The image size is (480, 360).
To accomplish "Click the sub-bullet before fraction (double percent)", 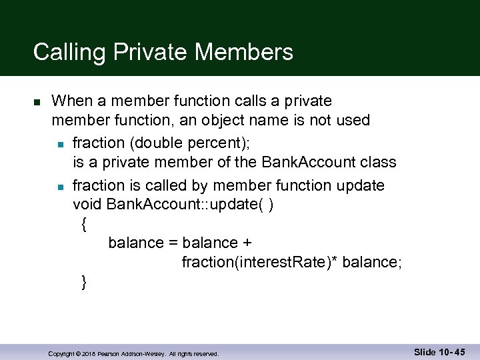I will pyautogui.click(x=60, y=143).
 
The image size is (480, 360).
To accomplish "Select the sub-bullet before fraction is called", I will pyautogui.click(x=60, y=186).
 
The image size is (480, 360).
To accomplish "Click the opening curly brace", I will pyautogui.click(x=83, y=225).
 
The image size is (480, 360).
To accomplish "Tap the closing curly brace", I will pyautogui.click(x=83, y=283).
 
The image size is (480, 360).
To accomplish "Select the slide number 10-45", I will pyautogui.click(x=439, y=352).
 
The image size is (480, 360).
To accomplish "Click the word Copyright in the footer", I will pyautogui.click(x=61, y=354).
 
